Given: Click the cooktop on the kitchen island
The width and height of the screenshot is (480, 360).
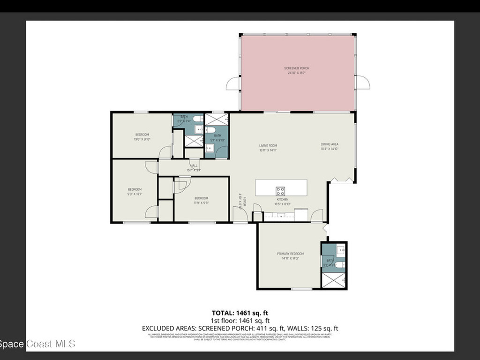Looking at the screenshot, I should pyautogui.click(x=280, y=191).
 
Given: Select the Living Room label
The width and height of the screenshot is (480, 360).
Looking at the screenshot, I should pyautogui.click(x=268, y=148).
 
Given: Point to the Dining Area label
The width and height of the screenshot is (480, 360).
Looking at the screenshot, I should pyautogui.click(x=330, y=146).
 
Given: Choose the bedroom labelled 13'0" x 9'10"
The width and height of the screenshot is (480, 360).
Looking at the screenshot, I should pyautogui.click(x=142, y=136).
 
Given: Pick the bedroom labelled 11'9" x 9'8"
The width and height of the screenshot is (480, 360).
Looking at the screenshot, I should pyautogui.click(x=201, y=200).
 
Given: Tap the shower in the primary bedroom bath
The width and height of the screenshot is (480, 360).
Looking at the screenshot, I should pyautogui.click(x=334, y=280).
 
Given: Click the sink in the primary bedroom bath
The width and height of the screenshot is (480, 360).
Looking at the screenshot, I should pyautogui.click(x=340, y=250).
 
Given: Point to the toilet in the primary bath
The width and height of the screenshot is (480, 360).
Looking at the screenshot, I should pyautogui.click(x=339, y=264).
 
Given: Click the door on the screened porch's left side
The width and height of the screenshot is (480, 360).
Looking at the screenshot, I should pyautogui.click(x=232, y=84).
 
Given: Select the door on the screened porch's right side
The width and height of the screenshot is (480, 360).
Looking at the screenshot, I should pyautogui.click(x=362, y=83).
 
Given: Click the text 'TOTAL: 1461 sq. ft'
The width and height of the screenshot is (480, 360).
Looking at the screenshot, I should pyautogui.click(x=240, y=313).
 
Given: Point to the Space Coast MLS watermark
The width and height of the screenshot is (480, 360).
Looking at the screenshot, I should pyautogui.click(x=37, y=344).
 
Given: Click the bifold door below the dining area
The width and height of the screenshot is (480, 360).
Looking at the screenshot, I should pyautogui.click(x=342, y=180).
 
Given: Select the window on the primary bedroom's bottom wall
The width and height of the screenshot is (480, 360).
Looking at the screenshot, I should pyautogui.click(x=301, y=289).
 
